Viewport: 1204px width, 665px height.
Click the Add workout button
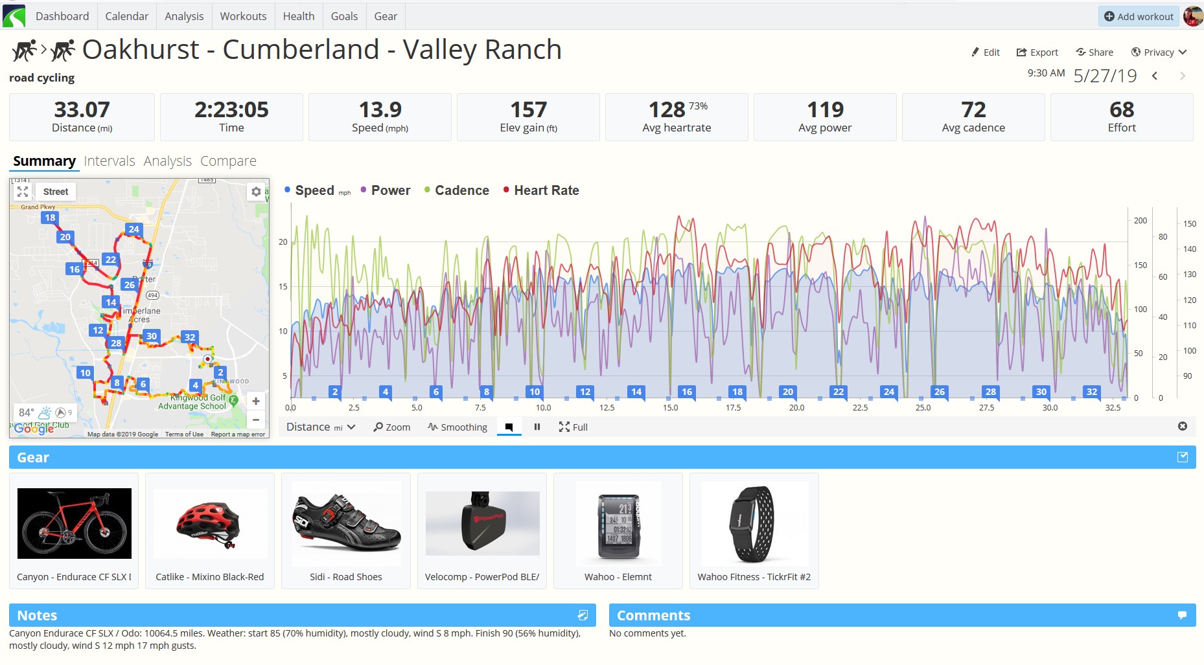click(x=1139, y=16)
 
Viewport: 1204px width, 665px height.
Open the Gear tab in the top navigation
click(x=386, y=16)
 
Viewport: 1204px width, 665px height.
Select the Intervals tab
click(x=109, y=161)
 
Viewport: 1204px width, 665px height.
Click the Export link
click(x=1037, y=52)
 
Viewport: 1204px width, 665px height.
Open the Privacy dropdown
click(x=1159, y=52)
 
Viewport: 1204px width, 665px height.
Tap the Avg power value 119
click(x=825, y=109)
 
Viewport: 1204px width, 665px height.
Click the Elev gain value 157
click(x=528, y=109)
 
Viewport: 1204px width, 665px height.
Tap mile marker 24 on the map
click(x=134, y=229)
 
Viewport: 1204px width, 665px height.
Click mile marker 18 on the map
click(x=50, y=218)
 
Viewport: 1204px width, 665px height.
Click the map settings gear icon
click(x=256, y=192)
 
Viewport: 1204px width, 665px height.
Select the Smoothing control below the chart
click(x=457, y=427)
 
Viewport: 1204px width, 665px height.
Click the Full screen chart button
click(x=573, y=427)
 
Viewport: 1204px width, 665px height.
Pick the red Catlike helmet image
click(x=210, y=523)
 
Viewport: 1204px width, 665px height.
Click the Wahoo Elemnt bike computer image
click(x=618, y=523)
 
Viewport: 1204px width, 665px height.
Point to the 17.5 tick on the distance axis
click(x=733, y=408)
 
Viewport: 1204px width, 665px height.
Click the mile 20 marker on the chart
click(x=788, y=392)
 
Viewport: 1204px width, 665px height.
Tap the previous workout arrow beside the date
click(x=1155, y=76)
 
